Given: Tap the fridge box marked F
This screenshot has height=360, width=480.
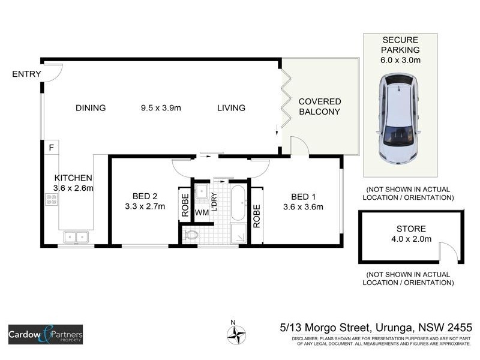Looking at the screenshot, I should [52, 146].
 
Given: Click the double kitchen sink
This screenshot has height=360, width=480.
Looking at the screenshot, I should [76, 237].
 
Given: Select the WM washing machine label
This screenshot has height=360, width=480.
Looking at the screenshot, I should [202, 212].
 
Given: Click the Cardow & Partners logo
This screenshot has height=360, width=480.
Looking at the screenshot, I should [45, 334].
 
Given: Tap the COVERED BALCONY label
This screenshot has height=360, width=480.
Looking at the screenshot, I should [320, 107].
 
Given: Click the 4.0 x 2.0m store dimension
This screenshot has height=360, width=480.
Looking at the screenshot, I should [411, 239].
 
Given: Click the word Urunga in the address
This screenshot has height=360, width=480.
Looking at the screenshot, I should [397, 328].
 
